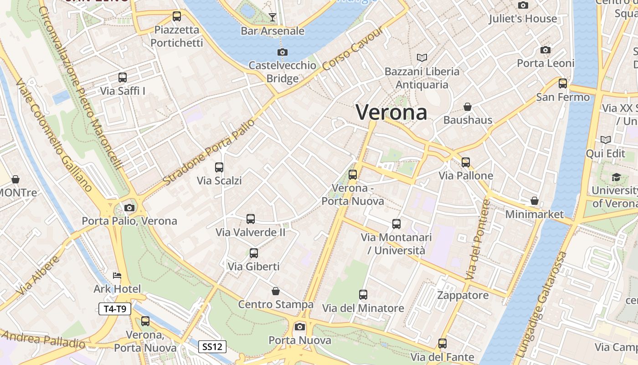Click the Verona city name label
(x=391, y=112)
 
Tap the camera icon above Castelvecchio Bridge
(x=283, y=52)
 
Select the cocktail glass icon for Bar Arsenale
(x=273, y=17)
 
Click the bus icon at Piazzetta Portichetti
(x=177, y=16)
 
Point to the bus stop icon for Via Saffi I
(x=123, y=78)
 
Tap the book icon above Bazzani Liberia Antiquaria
(x=422, y=58)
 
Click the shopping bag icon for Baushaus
(x=468, y=107)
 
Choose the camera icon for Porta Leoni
(x=545, y=50)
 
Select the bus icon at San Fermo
(x=563, y=83)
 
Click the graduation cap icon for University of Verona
(x=616, y=177)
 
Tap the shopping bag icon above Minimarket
(x=535, y=201)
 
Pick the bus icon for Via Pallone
(x=466, y=162)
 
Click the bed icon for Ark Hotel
(x=117, y=276)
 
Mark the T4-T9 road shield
(x=115, y=309)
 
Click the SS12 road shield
(x=212, y=347)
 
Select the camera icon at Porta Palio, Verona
(x=129, y=208)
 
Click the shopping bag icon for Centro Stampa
(x=276, y=291)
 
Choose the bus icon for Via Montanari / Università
(x=396, y=224)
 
